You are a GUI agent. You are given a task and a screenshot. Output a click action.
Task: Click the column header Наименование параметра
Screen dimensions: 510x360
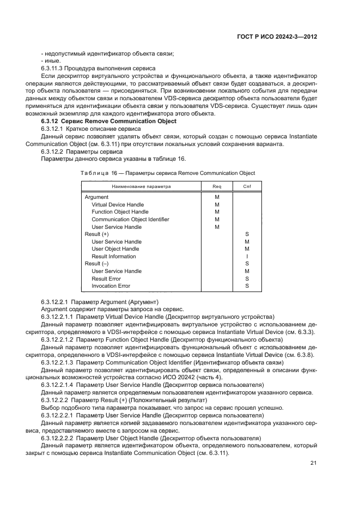coord(142,186)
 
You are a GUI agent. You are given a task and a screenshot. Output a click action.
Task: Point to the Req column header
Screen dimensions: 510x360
coord(217,186)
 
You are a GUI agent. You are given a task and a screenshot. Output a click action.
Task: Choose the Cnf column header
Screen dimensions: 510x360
coord(247,186)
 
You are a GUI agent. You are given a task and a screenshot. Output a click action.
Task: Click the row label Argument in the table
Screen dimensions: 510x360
coord(96,197)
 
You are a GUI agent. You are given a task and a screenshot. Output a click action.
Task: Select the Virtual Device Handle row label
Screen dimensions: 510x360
coord(118,205)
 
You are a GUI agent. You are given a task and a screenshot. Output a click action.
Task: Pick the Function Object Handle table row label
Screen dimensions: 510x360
coord(120,212)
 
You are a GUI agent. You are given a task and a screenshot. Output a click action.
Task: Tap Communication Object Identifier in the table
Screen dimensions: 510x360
coord(130,220)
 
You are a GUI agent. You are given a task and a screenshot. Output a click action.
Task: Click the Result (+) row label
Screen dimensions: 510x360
coord(97,234)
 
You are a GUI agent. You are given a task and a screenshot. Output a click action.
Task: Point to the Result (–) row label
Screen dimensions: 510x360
coord(97,264)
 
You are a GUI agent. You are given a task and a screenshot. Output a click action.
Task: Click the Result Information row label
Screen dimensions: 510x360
coord(114,257)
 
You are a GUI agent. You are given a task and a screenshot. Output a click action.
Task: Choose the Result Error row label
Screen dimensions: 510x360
coord(106,278)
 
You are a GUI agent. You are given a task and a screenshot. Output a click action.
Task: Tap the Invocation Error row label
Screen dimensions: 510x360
coord(111,286)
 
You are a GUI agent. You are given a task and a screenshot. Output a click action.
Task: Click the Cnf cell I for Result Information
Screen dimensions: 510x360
coord(247,257)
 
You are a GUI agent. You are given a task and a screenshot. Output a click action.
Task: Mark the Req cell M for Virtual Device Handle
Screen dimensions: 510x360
coord(217,205)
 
